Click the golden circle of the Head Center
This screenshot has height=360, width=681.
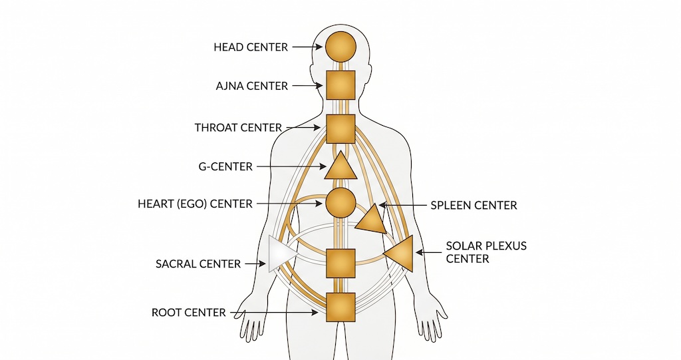(340, 47)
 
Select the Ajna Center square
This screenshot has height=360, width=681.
(340, 86)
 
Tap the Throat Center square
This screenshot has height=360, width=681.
(340, 128)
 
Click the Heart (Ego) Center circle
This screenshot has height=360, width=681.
(340, 203)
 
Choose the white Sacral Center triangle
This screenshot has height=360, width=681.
(279, 254)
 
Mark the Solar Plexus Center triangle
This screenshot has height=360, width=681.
(401, 254)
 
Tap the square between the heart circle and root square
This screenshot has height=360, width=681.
(340, 263)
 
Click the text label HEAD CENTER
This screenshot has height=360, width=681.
(251, 47)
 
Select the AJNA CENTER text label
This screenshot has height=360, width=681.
(252, 86)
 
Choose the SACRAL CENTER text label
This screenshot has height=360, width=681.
(198, 264)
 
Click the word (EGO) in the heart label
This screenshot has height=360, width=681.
(190, 204)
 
